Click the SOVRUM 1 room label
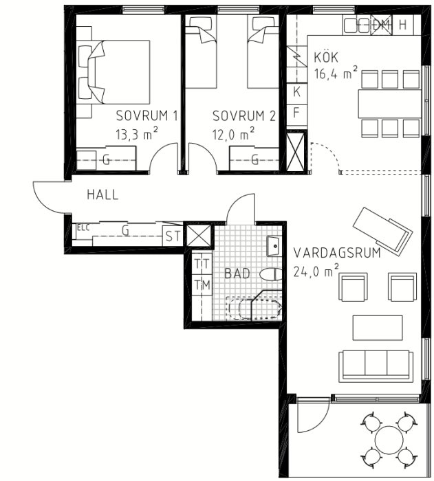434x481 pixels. (x=147, y=116)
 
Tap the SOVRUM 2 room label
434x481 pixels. (x=244, y=116)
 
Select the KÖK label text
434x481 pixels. (x=326, y=57)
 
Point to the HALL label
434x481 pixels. (x=102, y=194)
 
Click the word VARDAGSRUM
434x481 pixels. (x=337, y=253)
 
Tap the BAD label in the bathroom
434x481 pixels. (x=237, y=273)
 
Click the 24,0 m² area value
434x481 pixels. (x=316, y=271)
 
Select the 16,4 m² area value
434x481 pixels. (x=336, y=73)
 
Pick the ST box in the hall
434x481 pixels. (x=173, y=236)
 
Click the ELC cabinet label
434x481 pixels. (x=83, y=227)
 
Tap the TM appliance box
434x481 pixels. (x=202, y=285)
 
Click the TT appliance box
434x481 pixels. (x=202, y=264)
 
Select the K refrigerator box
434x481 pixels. (x=296, y=92)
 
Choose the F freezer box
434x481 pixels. (x=296, y=113)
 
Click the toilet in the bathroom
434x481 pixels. (x=270, y=274)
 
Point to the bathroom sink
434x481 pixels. (x=274, y=246)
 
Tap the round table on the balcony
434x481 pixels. (x=389, y=440)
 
